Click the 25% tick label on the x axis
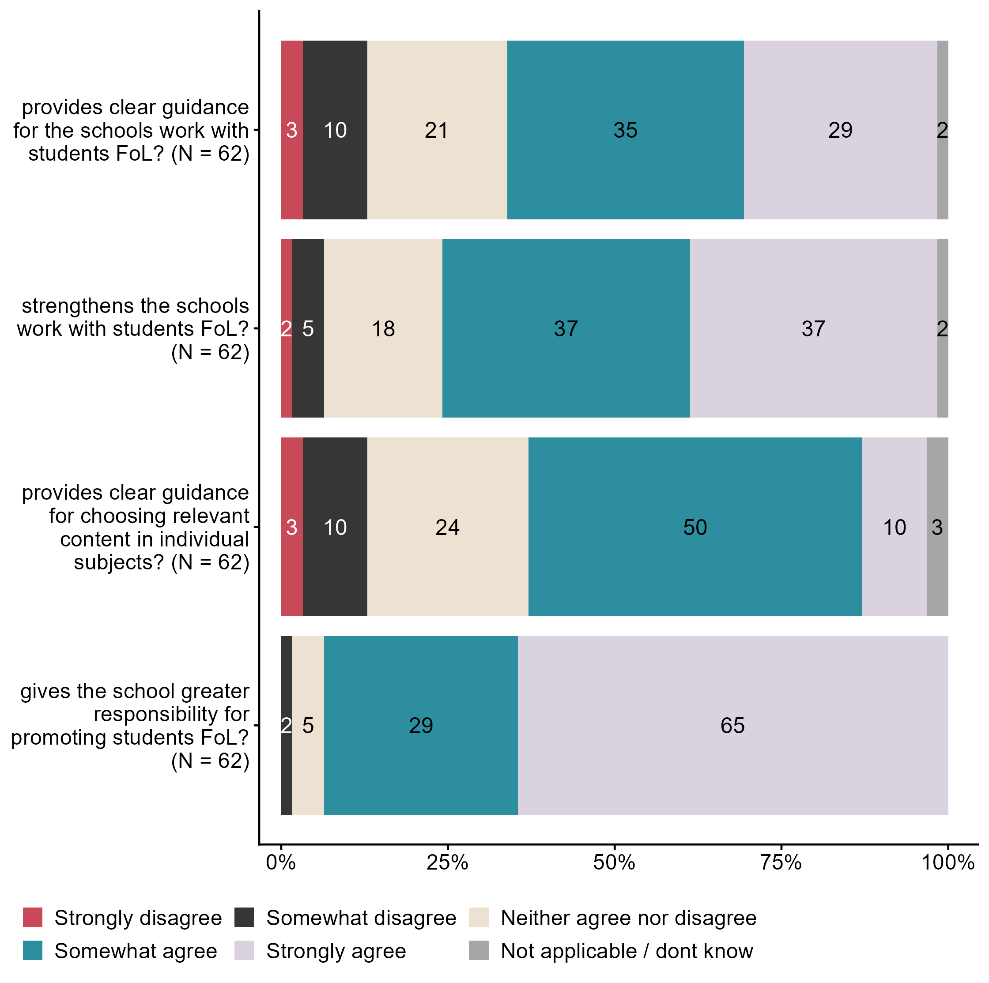pyautogui.click(x=447, y=863)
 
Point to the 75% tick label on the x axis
pyautogui.click(x=781, y=863)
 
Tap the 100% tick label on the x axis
pyautogui.click(x=947, y=863)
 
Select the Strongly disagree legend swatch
pyautogui.click(x=33, y=918)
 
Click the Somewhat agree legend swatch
pyautogui.click(x=33, y=951)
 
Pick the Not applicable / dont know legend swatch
pyautogui.click(x=479, y=951)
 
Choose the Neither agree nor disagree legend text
pyautogui.click(x=628, y=918)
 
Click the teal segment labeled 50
pyautogui.click(x=695, y=527)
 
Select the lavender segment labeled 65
pyautogui.click(x=732, y=725)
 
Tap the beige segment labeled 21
pyautogui.click(x=437, y=130)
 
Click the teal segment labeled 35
pyautogui.click(x=625, y=130)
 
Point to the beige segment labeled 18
pyautogui.click(x=383, y=328)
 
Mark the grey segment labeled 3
pyautogui.click(x=937, y=527)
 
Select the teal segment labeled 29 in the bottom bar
pyautogui.click(x=421, y=725)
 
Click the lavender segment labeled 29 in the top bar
pyautogui.click(x=840, y=130)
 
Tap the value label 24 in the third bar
pyautogui.click(x=447, y=527)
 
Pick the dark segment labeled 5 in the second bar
pyautogui.click(x=308, y=328)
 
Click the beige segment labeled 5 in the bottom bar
pyautogui.click(x=308, y=725)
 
